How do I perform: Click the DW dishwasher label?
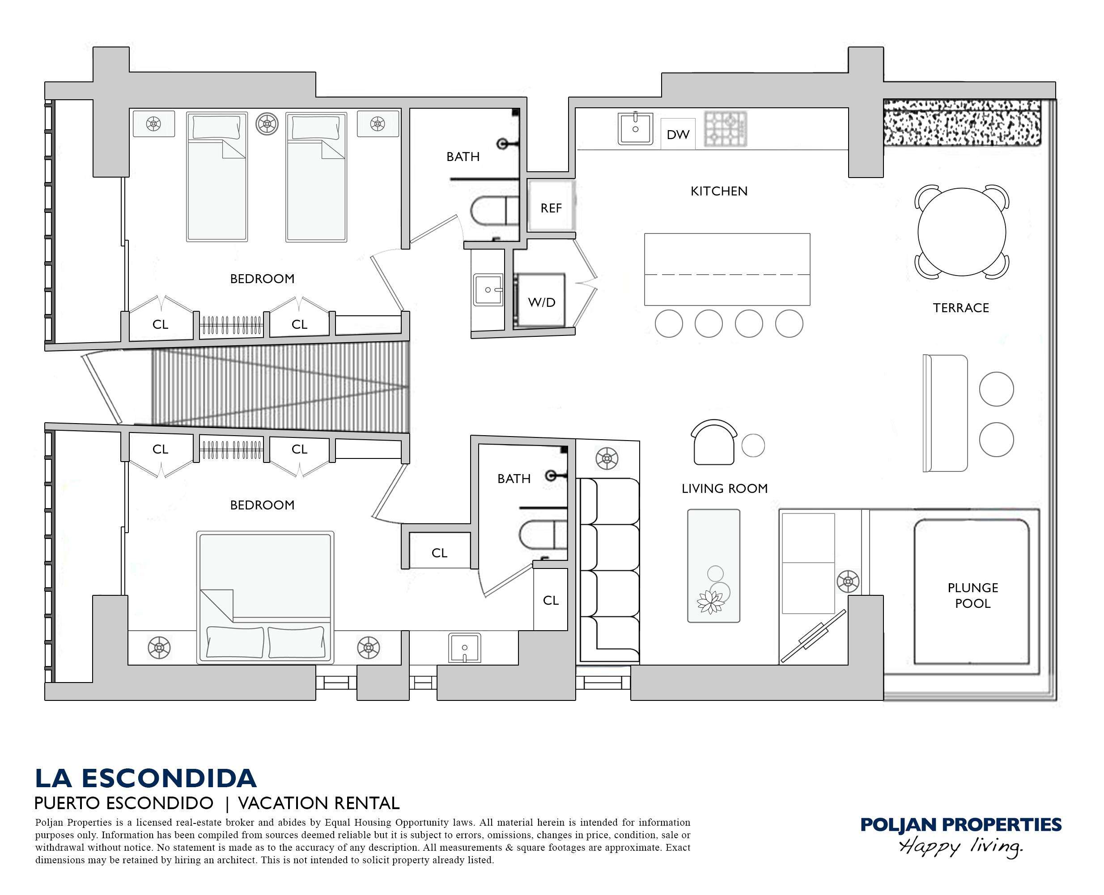(x=678, y=135)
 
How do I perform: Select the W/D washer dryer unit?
(x=541, y=300)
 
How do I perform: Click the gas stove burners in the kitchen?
(x=726, y=129)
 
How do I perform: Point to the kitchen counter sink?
(x=635, y=128)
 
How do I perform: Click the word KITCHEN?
(x=719, y=191)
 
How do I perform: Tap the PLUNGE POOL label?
(x=972, y=595)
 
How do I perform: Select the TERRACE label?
(x=961, y=308)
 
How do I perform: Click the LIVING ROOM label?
(x=725, y=488)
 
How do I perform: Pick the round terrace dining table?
(x=962, y=232)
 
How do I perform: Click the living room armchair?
(x=713, y=442)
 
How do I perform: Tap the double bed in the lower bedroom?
(x=265, y=597)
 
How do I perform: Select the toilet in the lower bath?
(x=543, y=534)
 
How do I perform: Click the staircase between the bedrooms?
(x=280, y=386)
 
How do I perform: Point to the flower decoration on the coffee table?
(x=710, y=601)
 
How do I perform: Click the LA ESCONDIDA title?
(x=145, y=779)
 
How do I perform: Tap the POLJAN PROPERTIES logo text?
(x=961, y=824)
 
